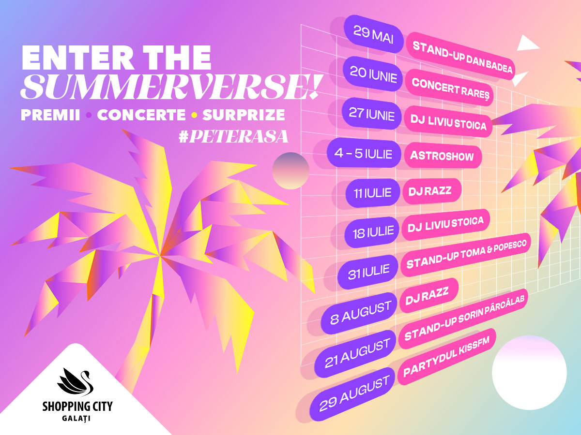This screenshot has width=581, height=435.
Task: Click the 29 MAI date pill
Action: [x=373, y=35]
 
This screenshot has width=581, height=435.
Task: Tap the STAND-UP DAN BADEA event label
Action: [x=460, y=56]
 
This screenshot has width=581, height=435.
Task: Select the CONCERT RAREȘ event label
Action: [x=449, y=87]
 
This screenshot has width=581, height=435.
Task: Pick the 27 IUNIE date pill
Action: [x=371, y=113]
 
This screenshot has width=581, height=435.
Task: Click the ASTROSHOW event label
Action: [x=443, y=155]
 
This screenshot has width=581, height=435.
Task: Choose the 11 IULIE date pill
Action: [x=372, y=193]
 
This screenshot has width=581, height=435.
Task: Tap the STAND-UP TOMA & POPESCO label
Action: [x=466, y=254]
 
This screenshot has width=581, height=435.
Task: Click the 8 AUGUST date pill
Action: [x=359, y=313]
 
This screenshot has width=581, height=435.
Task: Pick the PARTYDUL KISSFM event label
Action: [x=446, y=356]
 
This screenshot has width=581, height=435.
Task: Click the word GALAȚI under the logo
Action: [x=76, y=419]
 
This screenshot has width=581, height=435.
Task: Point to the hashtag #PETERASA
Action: [x=233, y=136]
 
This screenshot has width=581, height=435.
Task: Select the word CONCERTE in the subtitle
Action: [x=141, y=115]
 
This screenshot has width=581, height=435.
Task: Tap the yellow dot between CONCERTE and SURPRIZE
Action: [x=194, y=115]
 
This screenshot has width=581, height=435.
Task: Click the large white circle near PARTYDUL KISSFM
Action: [x=529, y=373]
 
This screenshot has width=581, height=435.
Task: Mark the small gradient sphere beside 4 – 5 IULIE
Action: [x=290, y=171]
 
